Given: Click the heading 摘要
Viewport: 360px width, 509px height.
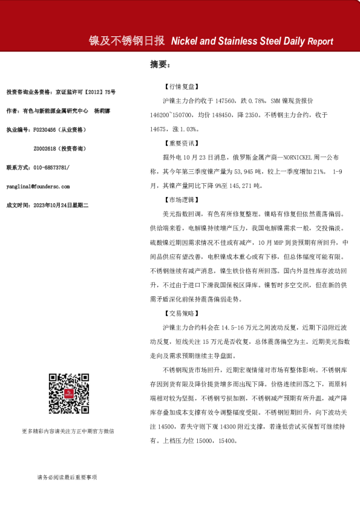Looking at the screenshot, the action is (x=159, y=63).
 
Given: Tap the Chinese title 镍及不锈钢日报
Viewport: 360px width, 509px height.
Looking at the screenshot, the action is (x=127, y=41).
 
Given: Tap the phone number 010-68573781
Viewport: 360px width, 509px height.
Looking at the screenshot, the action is (x=52, y=167).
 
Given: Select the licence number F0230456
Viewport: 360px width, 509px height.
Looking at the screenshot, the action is (x=47, y=130).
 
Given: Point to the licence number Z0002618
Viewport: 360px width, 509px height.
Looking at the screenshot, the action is (x=47, y=149).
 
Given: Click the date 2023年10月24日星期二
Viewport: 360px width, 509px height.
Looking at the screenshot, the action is (x=61, y=206).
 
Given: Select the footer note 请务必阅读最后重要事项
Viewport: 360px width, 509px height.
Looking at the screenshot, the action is (x=67, y=478).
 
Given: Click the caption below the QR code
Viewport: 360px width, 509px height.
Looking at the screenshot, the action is (x=67, y=431).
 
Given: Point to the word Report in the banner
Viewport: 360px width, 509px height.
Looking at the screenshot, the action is (x=320, y=42).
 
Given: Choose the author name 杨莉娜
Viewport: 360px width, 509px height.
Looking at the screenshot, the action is (x=103, y=111).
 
